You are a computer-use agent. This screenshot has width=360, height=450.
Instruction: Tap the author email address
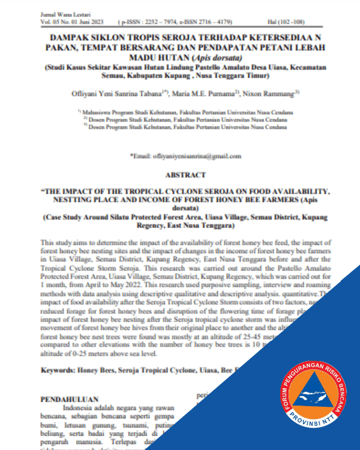pos(194,156)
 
